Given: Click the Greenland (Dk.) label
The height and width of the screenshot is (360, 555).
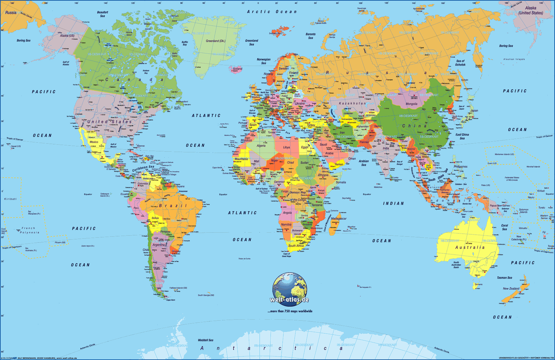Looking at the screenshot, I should pyautogui.click(x=215, y=41).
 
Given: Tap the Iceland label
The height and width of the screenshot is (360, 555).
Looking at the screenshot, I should pyautogui.click(x=237, y=69).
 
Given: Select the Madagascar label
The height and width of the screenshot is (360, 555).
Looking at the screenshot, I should pyautogui.click(x=339, y=219).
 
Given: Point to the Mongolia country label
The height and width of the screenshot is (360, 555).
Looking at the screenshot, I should pyautogui.click(x=411, y=104).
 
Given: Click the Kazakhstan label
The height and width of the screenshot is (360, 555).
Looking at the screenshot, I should pyautogui.click(x=352, y=103).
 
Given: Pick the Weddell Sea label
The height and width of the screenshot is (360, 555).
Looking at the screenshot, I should pyautogui.click(x=205, y=340).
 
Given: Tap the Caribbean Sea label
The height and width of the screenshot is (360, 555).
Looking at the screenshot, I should pyautogui.click(x=143, y=168).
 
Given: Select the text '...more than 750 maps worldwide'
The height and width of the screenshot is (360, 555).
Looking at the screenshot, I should pyautogui.click(x=290, y=311).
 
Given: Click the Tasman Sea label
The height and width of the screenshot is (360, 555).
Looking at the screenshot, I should pyautogui.click(x=504, y=278).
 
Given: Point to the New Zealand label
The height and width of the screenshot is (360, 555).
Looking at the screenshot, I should pyautogui.click(x=511, y=289).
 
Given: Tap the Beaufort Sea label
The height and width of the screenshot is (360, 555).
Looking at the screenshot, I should pyautogui.click(x=103, y=14).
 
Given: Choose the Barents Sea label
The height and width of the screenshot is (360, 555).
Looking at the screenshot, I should pyautogui.click(x=310, y=36).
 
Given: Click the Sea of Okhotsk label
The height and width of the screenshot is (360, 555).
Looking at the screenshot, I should pyautogui.click(x=460, y=63).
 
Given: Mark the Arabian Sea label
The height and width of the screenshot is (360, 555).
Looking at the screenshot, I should pyautogui.click(x=364, y=163).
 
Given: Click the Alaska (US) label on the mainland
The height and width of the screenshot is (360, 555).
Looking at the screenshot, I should pyautogui.click(x=67, y=36).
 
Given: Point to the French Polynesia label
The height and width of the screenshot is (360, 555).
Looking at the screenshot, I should pyautogui.click(x=29, y=230).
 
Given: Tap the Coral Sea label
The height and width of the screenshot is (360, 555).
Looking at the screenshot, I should pyautogui.click(x=505, y=227).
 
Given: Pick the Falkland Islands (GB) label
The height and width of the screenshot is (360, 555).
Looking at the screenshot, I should pyautogui.click(x=178, y=288).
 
